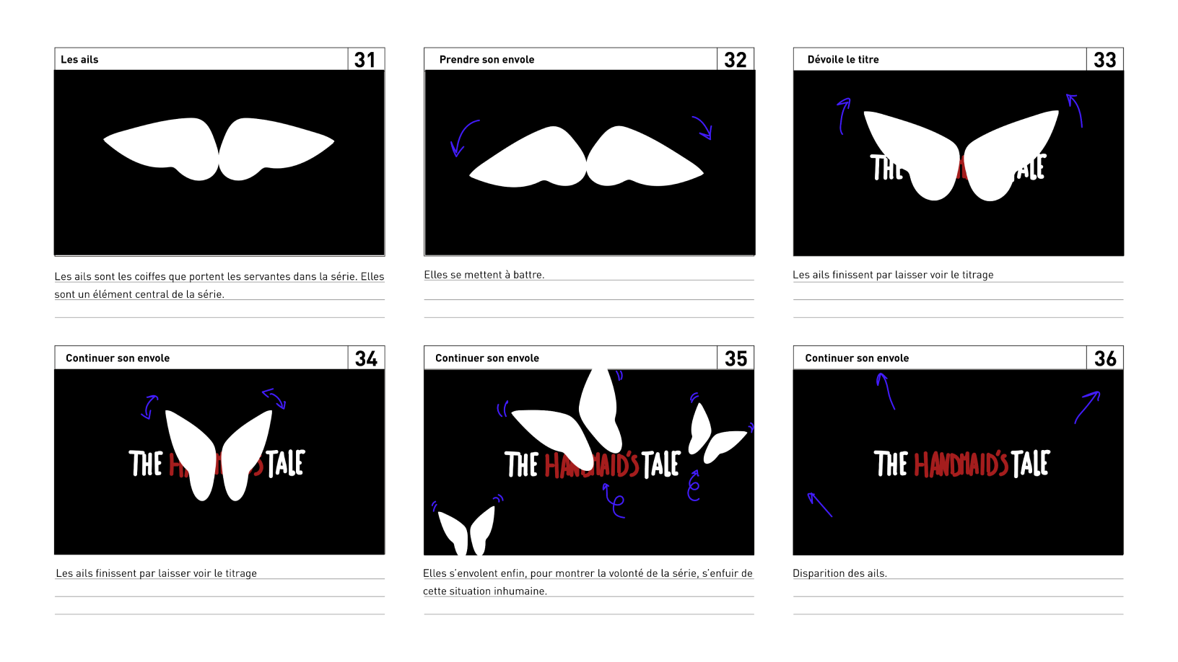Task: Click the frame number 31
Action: (x=365, y=60)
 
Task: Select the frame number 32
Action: (x=736, y=60)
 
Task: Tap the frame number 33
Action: (x=1104, y=60)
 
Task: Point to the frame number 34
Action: (x=366, y=358)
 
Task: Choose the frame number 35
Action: (x=736, y=358)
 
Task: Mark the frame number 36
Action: (x=1105, y=358)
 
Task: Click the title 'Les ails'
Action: (x=79, y=59)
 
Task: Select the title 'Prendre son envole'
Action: (x=487, y=59)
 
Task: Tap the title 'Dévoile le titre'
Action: (x=843, y=59)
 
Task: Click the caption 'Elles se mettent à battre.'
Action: (x=484, y=274)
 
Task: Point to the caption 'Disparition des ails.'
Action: (x=839, y=573)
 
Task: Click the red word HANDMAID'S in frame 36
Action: (x=961, y=464)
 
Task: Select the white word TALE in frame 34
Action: (x=286, y=464)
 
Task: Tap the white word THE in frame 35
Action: (x=521, y=464)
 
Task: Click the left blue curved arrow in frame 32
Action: (x=461, y=136)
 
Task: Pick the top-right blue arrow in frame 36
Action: (x=1086, y=407)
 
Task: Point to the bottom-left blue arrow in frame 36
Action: (x=819, y=504)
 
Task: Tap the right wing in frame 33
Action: (x=1007, y=155)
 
